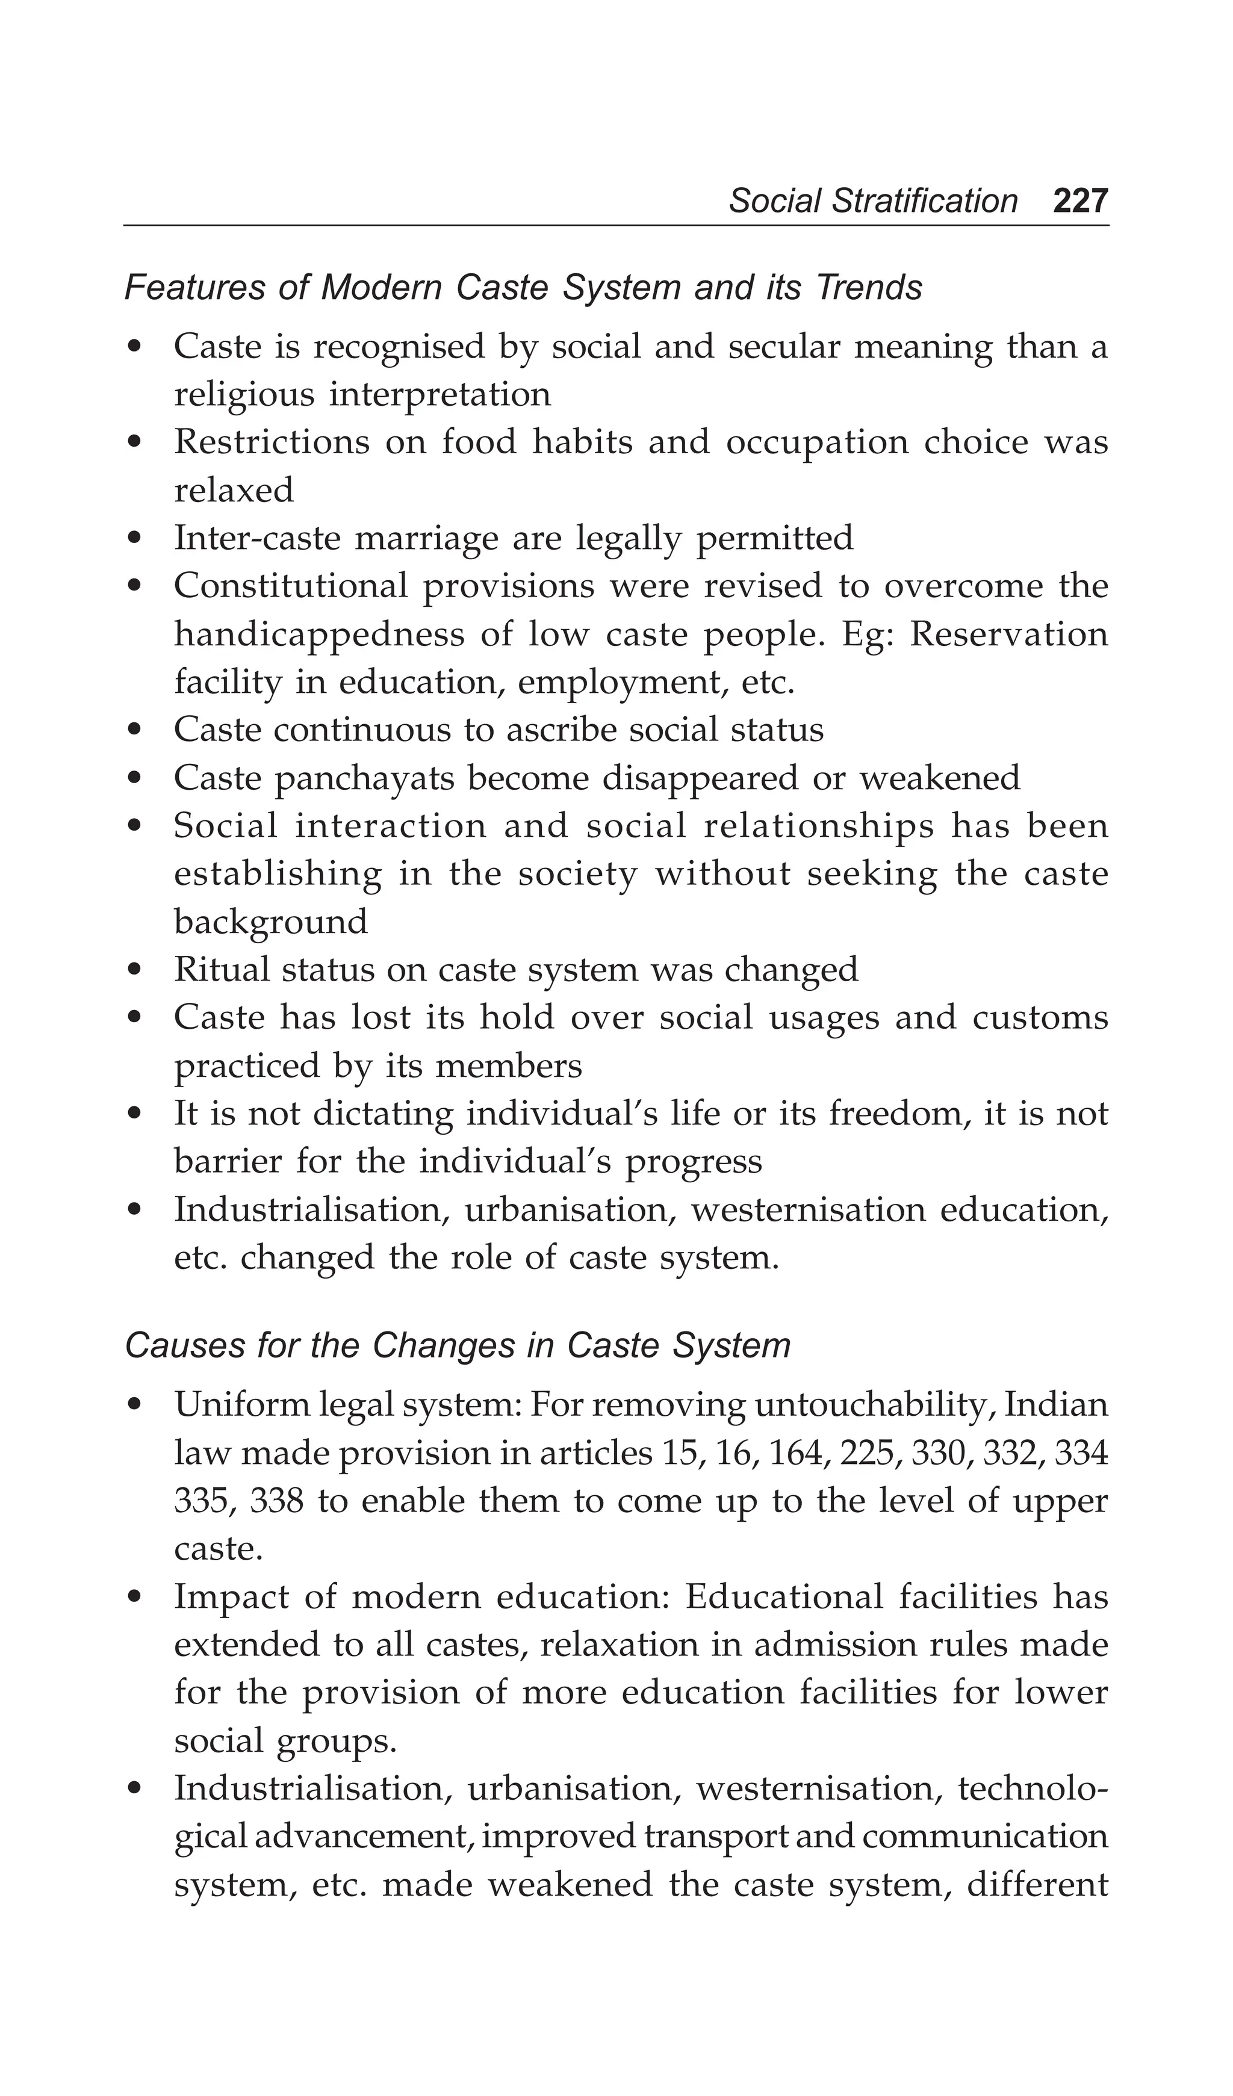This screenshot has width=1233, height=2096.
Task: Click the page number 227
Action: pos(1080,201)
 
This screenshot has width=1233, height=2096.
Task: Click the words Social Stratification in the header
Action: pos(873,201)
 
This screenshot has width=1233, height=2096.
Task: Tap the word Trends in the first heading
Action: pos(869,288)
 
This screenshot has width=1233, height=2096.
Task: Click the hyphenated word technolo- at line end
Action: pos(1033,1788)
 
